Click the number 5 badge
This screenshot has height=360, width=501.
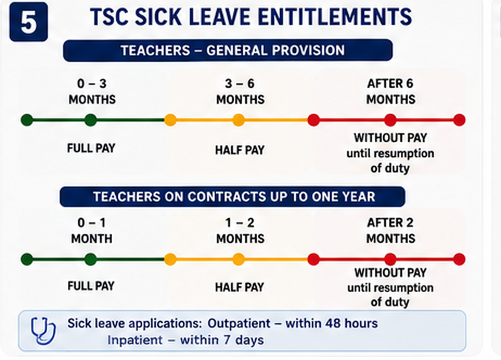(29, 22)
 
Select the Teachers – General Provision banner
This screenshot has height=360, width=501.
(228, 50)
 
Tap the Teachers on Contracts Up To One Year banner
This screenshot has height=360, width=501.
(232, 196)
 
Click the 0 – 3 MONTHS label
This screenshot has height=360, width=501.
(92, 92)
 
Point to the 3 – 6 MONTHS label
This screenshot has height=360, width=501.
(240, 92)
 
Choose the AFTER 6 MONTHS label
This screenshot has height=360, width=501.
(390, 92)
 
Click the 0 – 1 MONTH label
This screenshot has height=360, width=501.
(92, 230)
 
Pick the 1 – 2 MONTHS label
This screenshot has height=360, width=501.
(240, 230)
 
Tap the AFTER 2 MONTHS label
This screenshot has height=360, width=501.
(390, 230)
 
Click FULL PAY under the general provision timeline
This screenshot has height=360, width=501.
(91, 148)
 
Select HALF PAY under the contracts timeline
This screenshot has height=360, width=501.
(240, 287)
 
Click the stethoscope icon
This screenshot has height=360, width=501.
(43, 331)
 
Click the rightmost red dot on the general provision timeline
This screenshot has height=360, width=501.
(459, 120)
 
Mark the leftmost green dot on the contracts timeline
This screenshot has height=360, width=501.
(27, 259)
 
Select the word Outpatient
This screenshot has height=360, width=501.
(239, 324)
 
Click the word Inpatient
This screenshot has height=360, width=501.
(135, 340)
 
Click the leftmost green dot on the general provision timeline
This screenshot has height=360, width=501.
(27, 120)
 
